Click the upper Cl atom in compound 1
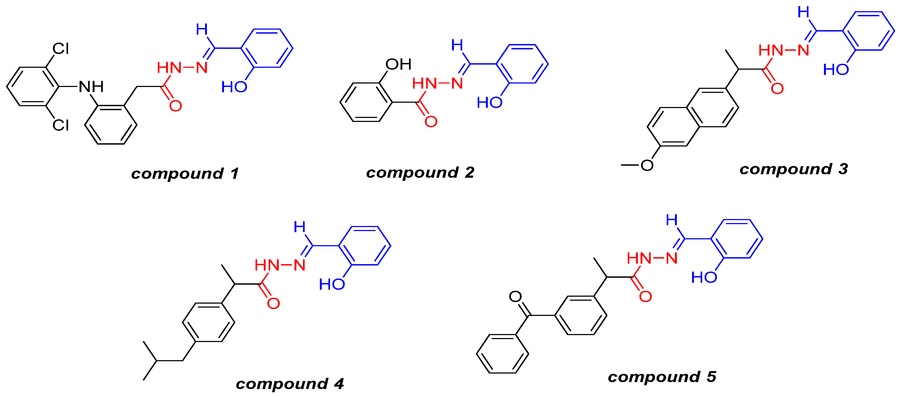[61, 49]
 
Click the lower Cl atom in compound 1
[61, 125]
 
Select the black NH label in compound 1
[91, 86]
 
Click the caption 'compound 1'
[185, 173]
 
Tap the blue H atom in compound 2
[457, 45]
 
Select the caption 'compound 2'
[420, 172]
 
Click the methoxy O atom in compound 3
[647, 165]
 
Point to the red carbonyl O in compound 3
[777, 89]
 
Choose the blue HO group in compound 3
[836, 70]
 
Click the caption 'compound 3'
[794, 169]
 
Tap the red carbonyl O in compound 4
[273, 303]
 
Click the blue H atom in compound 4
[299, 227]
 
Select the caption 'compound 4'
[289, 384]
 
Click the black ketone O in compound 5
[515, 296]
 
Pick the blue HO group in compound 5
[704, 277]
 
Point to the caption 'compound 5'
[662, 377]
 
